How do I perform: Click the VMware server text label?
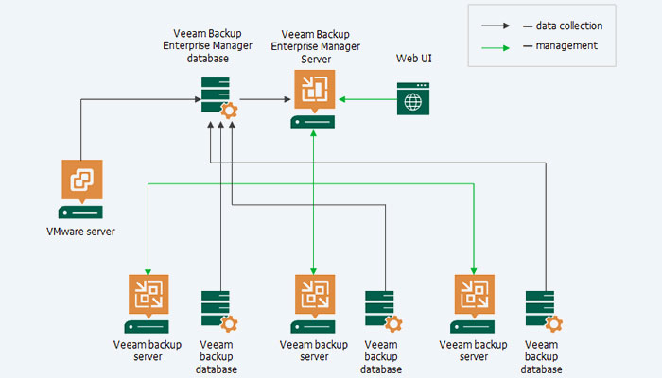pyautogui.click(x=81, y=231)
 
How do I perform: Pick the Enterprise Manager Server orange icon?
pyautogui.click(x=311, y=92)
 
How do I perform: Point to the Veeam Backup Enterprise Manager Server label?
pyautogui.click(x=312, y=46)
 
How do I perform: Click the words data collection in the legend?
pyautogui.click(x=568, y=26)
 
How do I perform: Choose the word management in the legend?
pyautogui.click(x=566, y=45)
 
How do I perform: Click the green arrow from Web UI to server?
pyautogui.click(x=365, y=98)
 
